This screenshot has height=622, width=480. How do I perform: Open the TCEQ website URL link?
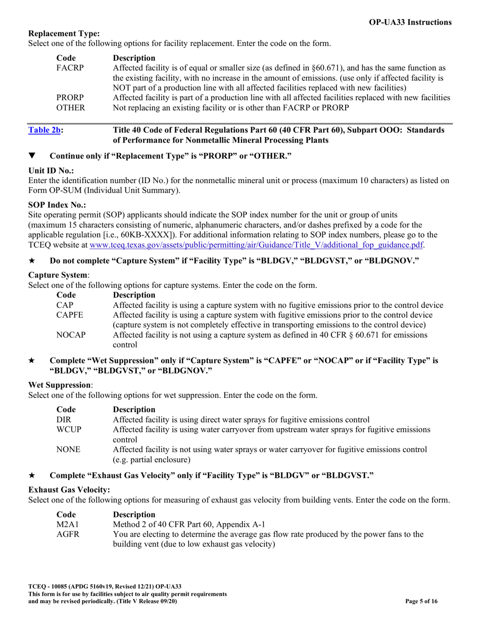tap(257, 245)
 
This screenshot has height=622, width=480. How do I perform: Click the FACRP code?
tap(70, 68)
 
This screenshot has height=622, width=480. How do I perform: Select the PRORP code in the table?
tap(70, 97)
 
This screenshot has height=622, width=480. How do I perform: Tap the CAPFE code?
tap(70, 315)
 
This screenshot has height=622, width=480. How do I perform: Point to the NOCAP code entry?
tap(71, 335)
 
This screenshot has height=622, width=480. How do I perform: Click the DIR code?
tap(64, 420)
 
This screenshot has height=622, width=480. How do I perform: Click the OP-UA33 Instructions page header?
tap(411, 22)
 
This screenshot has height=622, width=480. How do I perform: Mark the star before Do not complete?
tap(32, 260)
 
